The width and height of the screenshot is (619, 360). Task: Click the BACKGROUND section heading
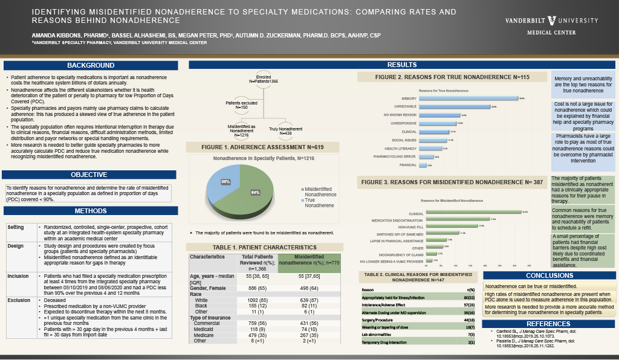click(x=91, y=65)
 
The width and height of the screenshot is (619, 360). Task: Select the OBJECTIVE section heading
click(x=89, y=175)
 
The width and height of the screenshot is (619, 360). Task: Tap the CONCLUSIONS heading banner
click(x=549, y=275)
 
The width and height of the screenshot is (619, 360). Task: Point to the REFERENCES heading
click(x=549, y=324)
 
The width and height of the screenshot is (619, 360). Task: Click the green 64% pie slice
click(x=254, y=192)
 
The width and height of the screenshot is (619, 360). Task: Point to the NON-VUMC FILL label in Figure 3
click(x=411, y=226)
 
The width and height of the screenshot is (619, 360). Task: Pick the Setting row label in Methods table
click(x=16, y=227)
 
